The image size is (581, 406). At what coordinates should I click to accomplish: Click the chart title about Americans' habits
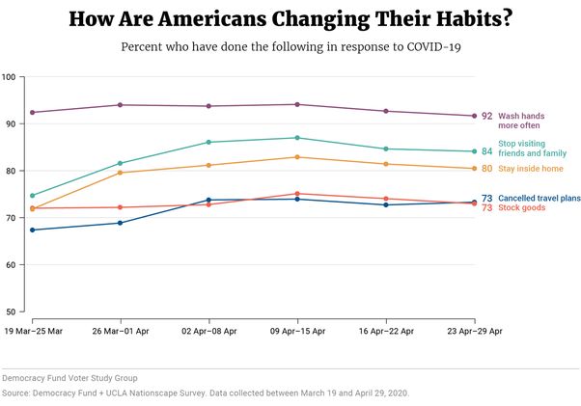click(290, 19)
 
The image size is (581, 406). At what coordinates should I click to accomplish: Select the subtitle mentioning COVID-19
click(290, 47)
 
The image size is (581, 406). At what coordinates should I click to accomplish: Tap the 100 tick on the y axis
click(10, 77)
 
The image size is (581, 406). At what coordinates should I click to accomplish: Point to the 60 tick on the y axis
click(10, 265)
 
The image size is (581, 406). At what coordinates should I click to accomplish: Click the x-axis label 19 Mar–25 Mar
click(34, 330)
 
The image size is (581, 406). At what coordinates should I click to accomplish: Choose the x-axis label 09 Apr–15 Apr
click(297, 330)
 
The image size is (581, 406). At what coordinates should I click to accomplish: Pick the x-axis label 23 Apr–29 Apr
click(472, 330)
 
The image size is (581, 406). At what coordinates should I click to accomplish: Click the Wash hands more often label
click(521, 121)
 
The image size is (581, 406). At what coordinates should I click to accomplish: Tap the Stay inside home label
click(532, 170)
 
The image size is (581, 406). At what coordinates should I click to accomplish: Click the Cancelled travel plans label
click(539, 199)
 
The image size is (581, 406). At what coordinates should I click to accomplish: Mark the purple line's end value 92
click(486, 117)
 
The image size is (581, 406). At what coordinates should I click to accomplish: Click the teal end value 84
click(486, 151)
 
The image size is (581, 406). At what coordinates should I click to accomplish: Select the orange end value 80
click(486, 170)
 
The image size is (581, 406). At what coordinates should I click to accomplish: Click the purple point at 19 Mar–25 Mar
click(33, 113)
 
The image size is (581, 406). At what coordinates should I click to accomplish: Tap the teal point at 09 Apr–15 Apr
click(297, 138)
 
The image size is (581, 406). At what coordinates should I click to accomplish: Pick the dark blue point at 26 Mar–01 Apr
click(121, 223)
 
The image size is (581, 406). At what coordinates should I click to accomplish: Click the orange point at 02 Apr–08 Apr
click(208, 165)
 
